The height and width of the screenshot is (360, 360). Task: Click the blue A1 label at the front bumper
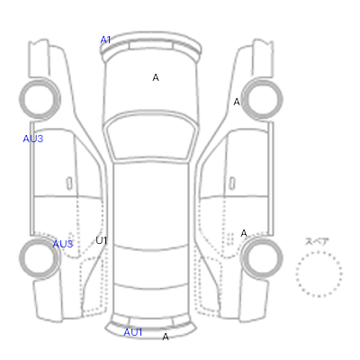click(x=105, y=40)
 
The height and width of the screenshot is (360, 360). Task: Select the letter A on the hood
click(x=156, y=77)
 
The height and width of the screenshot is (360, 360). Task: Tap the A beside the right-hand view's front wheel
click(x=237, y=102)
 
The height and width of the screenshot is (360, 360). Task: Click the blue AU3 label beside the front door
click(x=33, y=139)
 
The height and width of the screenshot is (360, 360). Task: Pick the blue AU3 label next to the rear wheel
click(x=63, y=244)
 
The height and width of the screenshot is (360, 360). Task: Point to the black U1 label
click(x=102, y=240)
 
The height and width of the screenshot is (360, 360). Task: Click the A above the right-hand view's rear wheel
click(x=244, y=233)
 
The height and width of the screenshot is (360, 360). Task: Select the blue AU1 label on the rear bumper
click(x=133, y=332)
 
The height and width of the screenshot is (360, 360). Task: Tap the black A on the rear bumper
click(x=166, y=337)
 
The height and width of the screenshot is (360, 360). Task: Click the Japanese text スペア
click(x=317, y=241)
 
